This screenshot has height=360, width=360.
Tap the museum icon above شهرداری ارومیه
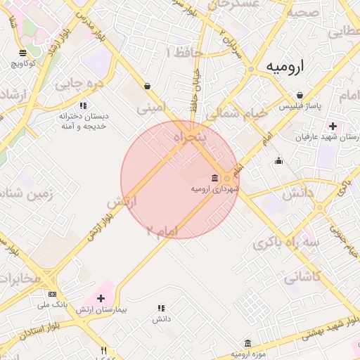click(x=214, y=178)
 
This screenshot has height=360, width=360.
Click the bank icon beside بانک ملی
click(x=52, y=294)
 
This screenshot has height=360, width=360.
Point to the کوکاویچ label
click(x=23, y=64)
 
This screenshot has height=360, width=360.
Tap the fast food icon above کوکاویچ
click(x=22, y=53)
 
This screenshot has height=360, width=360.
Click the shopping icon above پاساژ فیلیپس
click(x=300, y=95)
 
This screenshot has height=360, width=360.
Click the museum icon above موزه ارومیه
click(x=247, y=343)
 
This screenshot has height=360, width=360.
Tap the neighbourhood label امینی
click(x=152, y=108)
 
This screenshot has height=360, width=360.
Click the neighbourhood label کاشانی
click(x=303, y=277)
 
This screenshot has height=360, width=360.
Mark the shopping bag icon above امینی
click(x=147, y=86)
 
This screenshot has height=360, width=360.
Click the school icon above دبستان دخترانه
click(x=83, y=105)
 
